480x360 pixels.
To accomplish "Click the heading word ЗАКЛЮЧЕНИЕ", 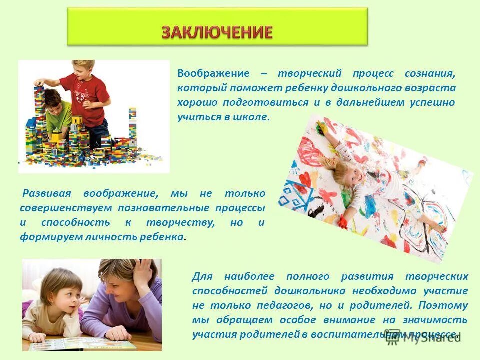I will coord(217,32).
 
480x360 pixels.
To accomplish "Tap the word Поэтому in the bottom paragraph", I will coord(443,305).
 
